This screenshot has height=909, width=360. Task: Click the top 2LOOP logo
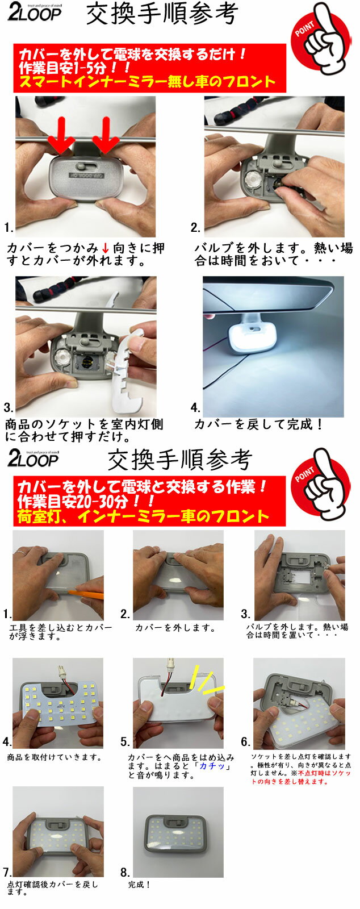tap(34, 13)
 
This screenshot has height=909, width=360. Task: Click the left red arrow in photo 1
tap(61, 135)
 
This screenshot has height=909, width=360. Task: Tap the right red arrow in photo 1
tap(106, 135)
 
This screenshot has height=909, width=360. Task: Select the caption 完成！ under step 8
tap(140, 884)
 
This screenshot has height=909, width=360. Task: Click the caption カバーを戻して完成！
tap(258, 424)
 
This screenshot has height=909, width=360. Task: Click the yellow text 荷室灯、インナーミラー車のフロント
tap(143, 516)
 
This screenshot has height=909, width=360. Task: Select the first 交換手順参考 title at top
tap(162, 15)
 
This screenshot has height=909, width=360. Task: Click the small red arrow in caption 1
tap(105, 247)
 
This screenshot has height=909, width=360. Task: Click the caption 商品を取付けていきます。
tap(54, 757)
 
